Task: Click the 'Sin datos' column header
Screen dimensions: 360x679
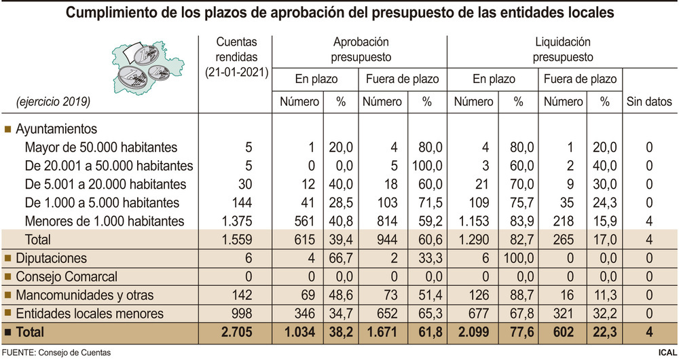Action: (648, 102)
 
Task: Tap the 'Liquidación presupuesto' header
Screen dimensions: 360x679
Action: (563, 50)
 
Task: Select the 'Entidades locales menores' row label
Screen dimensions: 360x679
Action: (89, 313)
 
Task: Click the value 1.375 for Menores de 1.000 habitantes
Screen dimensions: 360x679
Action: (236, 221)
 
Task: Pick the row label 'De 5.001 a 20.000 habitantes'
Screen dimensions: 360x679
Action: (105, 184)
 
